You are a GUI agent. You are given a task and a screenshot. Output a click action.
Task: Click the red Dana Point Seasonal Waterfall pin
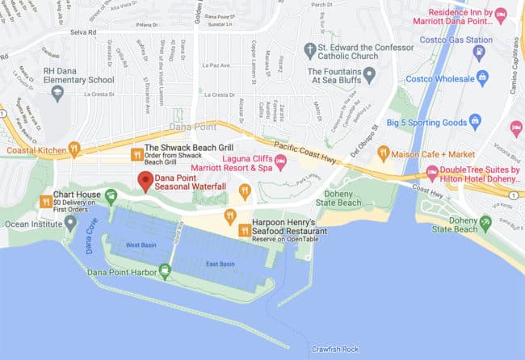[x=145, y=181]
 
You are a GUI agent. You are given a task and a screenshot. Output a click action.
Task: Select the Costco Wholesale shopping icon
[x=483, y=78]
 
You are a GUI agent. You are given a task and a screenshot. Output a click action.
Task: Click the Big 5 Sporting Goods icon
[x=475, y=121]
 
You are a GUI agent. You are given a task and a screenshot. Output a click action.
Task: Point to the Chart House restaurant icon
[x=45, y=199]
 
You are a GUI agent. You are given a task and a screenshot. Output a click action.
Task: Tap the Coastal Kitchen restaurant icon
[x=73, y=149]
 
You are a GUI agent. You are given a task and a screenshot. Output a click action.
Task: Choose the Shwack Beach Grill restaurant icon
[x=136, y=153]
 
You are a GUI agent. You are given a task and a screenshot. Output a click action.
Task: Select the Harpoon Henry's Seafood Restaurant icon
[x=230, y=215]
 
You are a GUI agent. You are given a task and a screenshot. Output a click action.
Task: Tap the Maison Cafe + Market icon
[x=384, y=153]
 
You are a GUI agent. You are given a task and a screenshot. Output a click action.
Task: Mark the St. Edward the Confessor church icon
[x=309, y=48]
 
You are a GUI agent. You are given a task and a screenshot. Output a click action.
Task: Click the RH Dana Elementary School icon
[x=57, y=91]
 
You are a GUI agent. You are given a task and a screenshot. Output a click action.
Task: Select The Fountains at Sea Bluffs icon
[x=370, y=75]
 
